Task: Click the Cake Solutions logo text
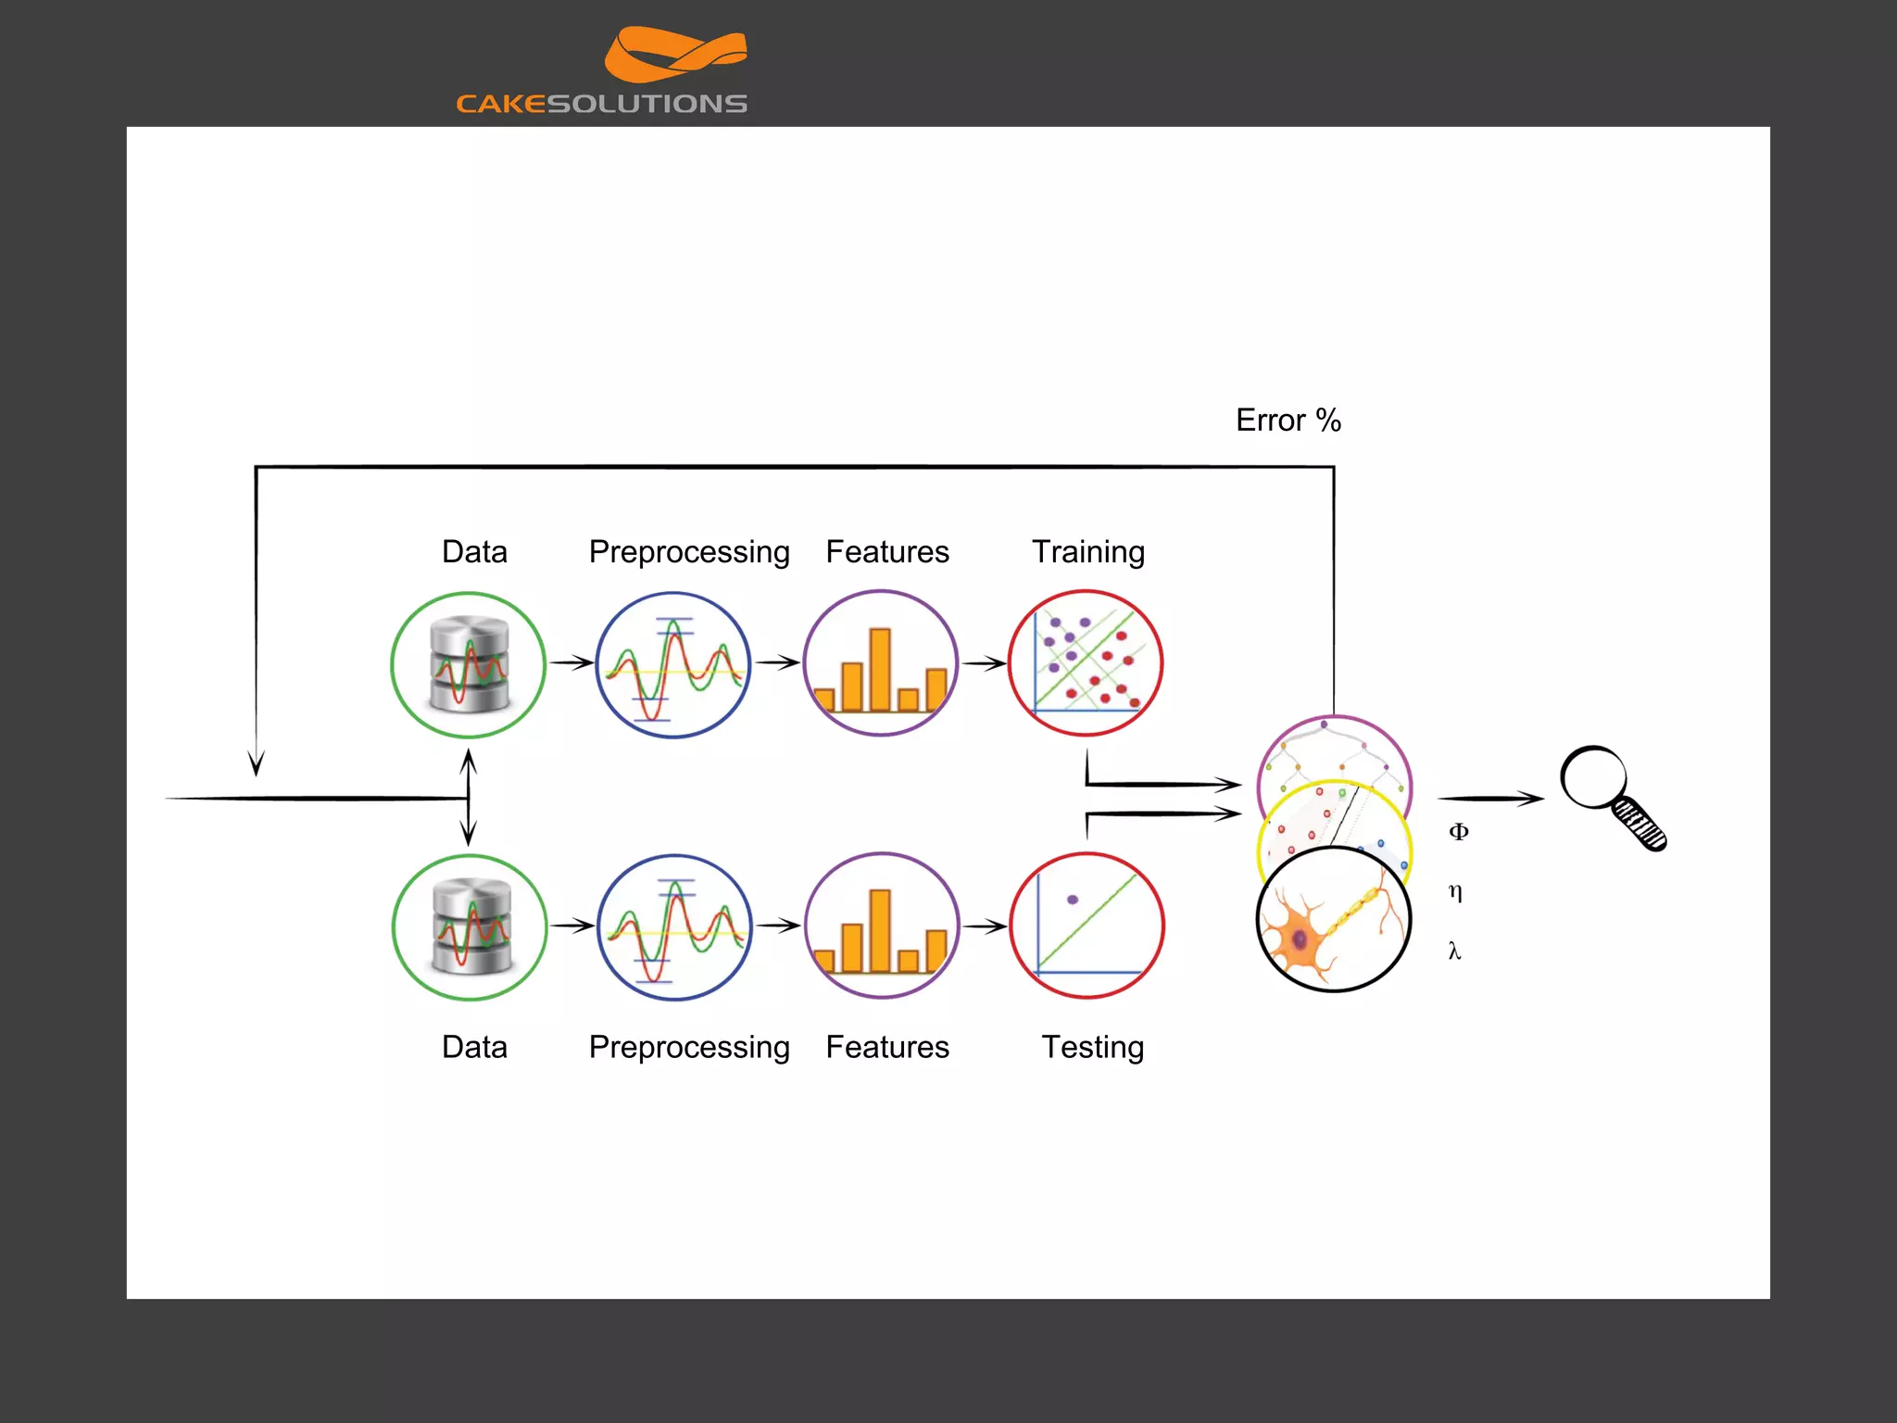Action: pos(601,103)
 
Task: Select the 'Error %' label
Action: pos(1288,421)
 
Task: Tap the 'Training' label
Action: pos(1088,552)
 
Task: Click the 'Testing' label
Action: pos(1093,1047)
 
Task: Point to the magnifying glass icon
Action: pos(1611,796)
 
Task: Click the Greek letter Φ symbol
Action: pos(1458,832)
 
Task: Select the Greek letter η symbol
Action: pos(1455,891)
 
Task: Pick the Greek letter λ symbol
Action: pos(1454,951)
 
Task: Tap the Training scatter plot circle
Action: pos(1086,663)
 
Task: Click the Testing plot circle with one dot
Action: pos(1087,926)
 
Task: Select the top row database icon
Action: pos(469,664)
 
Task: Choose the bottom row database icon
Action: pos(471,926)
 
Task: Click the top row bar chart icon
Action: pos(880,663)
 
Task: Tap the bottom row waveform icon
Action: pos(675,926)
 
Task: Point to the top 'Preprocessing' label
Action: pos(689,552)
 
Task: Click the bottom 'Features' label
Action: pos(887,1047)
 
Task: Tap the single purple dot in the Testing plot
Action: pos(1073,900)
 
